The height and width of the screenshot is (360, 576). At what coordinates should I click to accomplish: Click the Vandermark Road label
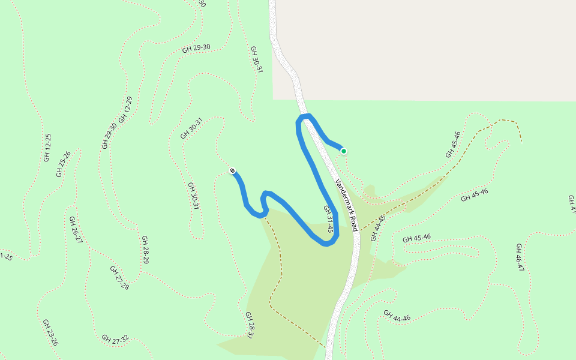pyautogui.click(x=347, y=206)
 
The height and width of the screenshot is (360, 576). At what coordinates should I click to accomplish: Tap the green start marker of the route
pyautogui.click(x=344, y=151)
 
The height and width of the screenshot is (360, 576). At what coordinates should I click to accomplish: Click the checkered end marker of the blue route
pyautogui.click(x=232, y=171)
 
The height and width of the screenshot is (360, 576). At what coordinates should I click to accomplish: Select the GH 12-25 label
pyautogui.click(x=47, y=148)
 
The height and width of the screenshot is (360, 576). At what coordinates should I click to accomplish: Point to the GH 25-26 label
pyautogui.click(x=64, y=164)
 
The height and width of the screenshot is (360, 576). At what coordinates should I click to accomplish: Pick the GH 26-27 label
pyautogui.click(x=76, y=229)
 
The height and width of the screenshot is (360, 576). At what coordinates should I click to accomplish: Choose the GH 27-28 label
pyautogui.click(x=119, y=277)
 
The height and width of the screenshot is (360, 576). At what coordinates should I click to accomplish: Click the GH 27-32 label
pyautogui.click(x=115, y=339)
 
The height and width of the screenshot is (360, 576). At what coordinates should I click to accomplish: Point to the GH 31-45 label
pyautogui.click(x=328, y=219)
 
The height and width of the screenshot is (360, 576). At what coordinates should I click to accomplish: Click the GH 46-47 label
pyautogui.click(x=520, y=257)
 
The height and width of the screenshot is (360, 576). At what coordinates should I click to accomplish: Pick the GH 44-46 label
pyautogui.click(x=397, y=316)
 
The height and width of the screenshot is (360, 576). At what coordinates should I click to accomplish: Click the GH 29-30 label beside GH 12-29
pyautogui.click(x=110, y=136)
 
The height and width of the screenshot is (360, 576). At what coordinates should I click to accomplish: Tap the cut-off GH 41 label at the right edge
pyautogui.click(x=571, y=204)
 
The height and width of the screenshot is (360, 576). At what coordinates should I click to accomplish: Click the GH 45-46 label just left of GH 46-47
pyautogui.click(x=416, y=238)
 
